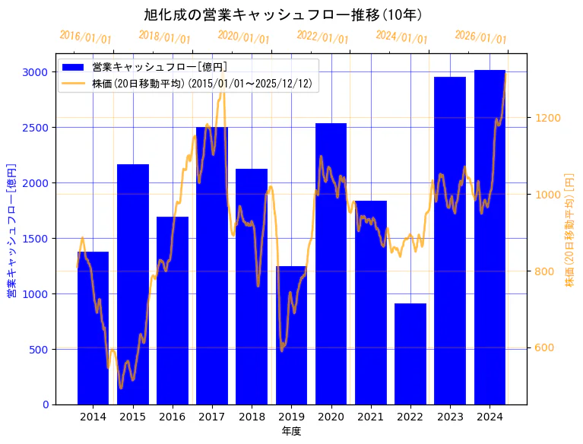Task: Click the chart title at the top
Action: tap(283, 14)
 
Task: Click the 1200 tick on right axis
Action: tap(547, 118)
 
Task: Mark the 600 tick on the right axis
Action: tap(544, 348)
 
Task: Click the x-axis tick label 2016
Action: tap(173, 417)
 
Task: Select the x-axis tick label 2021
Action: tap(371, 417)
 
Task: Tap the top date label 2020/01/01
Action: tap(243, 36)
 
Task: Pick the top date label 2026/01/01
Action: tap(480, 36)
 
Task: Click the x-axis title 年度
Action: tap(291, 431)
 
